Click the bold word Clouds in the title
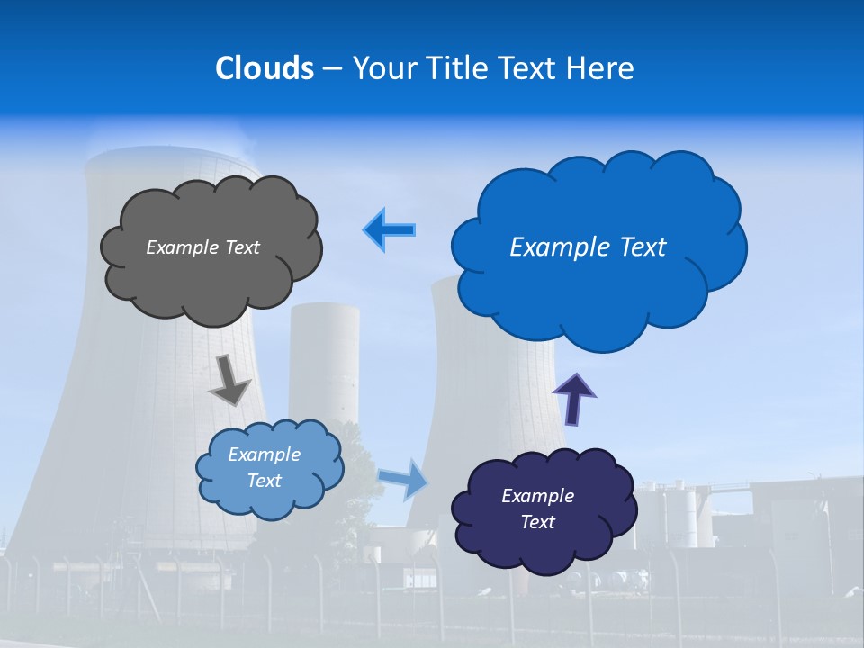(x=265, y=68)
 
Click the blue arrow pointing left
(x=391, y=230)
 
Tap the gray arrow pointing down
(x=230, y=380)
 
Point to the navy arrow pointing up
(x=574, y=398)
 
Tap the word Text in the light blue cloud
(x=265, y=481)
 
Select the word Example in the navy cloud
(x=537, y=496)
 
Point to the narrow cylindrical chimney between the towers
(x=324, y=360)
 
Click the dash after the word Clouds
(x=331, y=68)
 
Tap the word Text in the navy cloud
(x=537, y=522)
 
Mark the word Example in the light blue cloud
(x=265, y=454)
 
